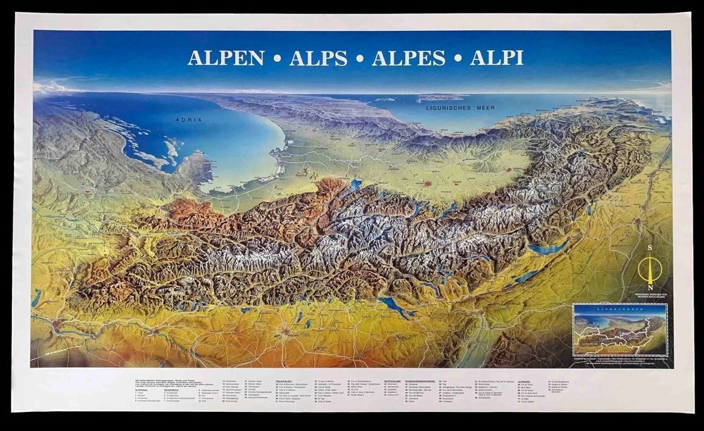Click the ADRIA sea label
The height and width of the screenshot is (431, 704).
189,120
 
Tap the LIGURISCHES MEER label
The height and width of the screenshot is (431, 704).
458,108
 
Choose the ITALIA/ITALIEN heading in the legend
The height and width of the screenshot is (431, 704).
284,380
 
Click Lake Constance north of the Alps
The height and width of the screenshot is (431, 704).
396,308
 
